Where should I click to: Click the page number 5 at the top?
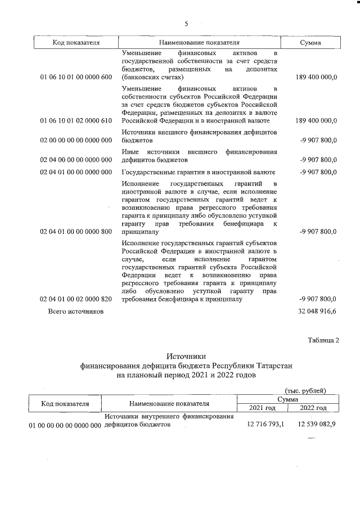pos(186,24)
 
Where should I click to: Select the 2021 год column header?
pos(262,408)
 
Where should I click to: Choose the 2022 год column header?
pos(313,408)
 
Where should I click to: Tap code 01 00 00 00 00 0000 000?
pos(65,426)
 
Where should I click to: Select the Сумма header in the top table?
pos(310,43)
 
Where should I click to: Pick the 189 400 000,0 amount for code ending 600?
pos(316,77)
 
